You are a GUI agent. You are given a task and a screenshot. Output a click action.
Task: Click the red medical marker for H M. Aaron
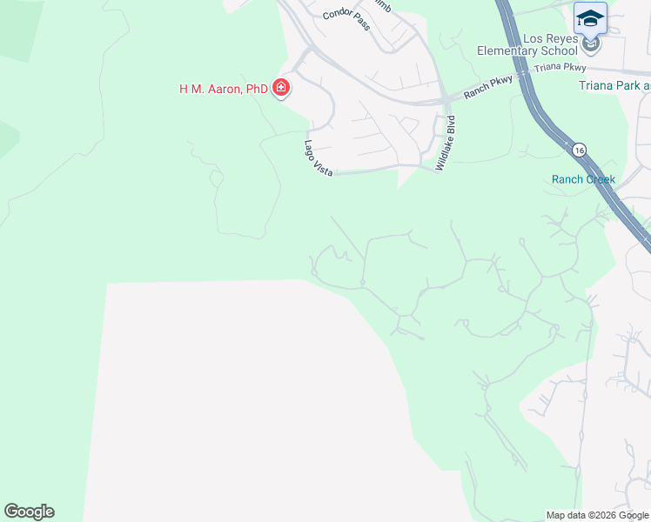tap(281, 87)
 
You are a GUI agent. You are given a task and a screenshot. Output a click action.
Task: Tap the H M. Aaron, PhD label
tap(223, 89)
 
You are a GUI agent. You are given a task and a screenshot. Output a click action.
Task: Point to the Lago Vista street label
tap(319, 157)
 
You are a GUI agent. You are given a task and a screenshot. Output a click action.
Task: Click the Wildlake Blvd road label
tap(446, 142)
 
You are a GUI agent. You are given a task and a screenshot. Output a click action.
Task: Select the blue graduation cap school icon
tap(590, 17)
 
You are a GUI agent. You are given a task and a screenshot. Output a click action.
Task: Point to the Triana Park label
tap(614, 85)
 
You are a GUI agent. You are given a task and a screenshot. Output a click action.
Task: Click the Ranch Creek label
tap(583, 180)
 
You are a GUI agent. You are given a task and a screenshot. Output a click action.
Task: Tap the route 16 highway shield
tap(580, 150)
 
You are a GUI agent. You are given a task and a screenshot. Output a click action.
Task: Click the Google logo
tap(29, 512)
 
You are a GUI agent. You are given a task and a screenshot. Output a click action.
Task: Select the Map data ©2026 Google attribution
tap(597, 515)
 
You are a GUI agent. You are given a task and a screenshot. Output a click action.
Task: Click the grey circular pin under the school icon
tap(591, 43)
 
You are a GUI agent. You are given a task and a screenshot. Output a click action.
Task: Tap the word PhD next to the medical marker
tap(256, 89)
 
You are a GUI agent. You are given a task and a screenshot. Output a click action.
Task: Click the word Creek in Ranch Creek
tap(600, 180)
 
